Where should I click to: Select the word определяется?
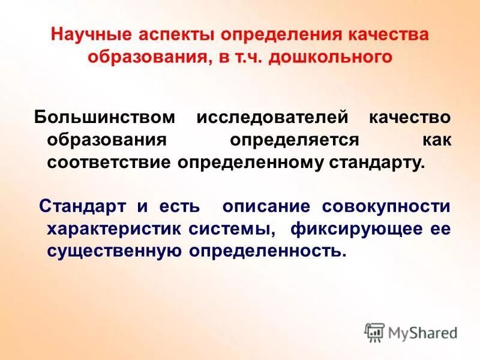coord(293,140)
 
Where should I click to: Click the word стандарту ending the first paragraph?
coord(374,162)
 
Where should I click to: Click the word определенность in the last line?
coord(268,251)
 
